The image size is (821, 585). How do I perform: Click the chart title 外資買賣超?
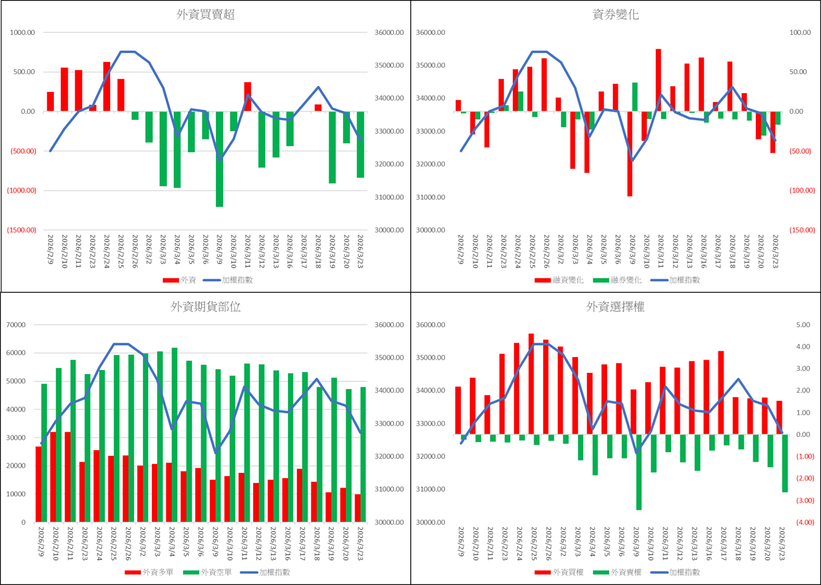206,15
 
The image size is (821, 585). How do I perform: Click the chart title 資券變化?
616,15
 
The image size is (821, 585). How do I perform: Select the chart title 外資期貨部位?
206,307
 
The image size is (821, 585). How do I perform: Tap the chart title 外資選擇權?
616,307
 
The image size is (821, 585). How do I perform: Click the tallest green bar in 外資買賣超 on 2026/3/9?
220,159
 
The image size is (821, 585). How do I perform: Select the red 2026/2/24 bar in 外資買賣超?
107,87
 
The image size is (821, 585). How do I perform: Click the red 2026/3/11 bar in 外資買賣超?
248,97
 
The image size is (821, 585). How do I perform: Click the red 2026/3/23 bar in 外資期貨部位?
358,508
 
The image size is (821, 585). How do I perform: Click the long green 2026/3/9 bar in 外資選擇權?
639,472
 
